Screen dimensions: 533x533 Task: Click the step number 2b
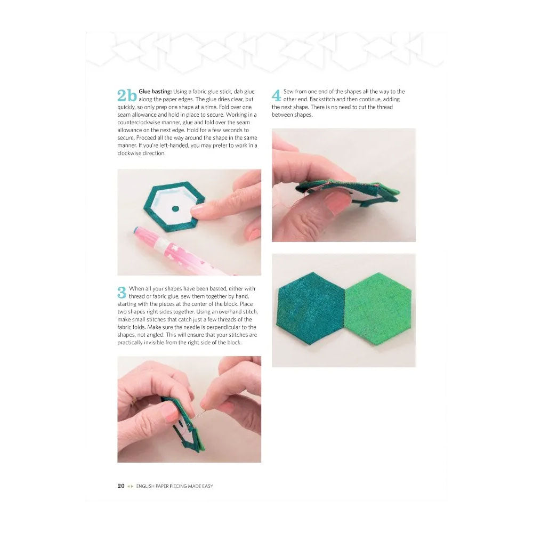click(127, 95)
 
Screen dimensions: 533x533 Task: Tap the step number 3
click(122, 292)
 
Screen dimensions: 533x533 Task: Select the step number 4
click(276, 95)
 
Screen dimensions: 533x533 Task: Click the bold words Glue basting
click(155, 92)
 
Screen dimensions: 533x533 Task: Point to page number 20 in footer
click(121, 486)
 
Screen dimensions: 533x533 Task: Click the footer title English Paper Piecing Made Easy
click(174, 486)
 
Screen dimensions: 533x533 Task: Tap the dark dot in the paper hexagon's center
click(175, 209)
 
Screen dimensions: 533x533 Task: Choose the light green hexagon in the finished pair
click(378, 309)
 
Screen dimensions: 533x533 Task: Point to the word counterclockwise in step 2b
click(139, 123)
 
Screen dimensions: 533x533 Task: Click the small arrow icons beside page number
click(130, 486)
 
